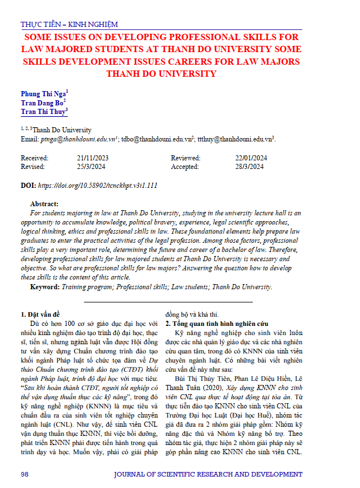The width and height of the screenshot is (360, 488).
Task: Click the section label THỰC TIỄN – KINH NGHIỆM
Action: [69, 25]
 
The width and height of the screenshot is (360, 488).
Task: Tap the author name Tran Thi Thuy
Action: [43, 112]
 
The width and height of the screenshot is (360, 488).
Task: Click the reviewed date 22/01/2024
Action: [251, 158]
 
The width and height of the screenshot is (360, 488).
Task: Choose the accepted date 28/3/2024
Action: [249, 167]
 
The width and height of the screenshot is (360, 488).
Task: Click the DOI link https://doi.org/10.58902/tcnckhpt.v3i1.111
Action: [97, 186]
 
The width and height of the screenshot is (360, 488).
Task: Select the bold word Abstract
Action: [44, 204]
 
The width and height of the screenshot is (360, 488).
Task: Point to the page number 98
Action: [25, 475]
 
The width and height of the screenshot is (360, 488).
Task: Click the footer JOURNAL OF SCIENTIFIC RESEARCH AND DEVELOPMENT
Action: [208, 475]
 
